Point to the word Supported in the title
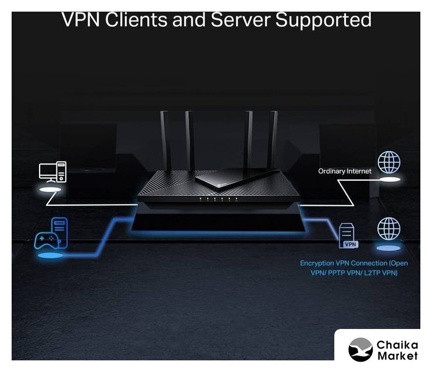pos(323,20)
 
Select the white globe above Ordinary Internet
pos(389,162)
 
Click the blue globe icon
pos(388,228)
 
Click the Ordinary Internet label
pos(345,171)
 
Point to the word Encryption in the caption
pos(319,263)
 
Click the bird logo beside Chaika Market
pos(360,349)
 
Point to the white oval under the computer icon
pos(51,190)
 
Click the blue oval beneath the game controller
pos(49,255)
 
